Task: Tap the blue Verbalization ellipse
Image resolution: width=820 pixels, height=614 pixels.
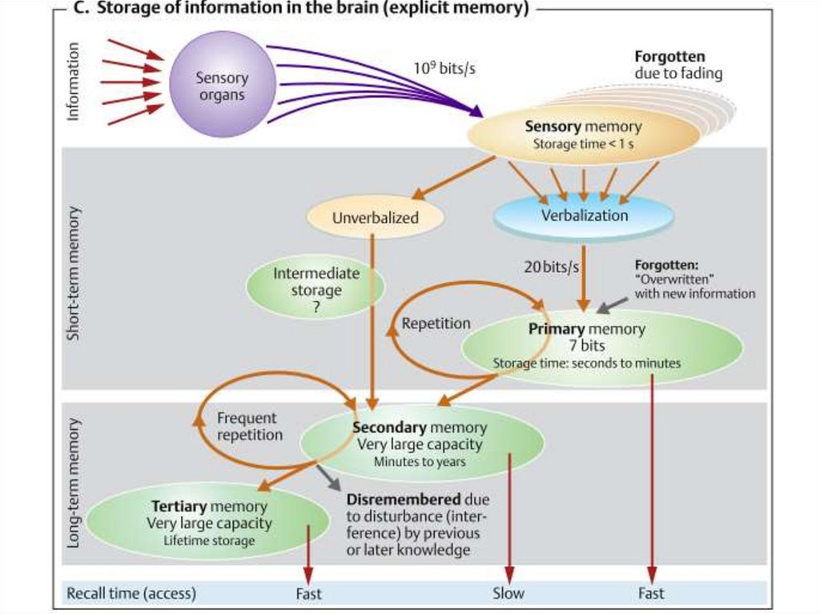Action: click(585, 215)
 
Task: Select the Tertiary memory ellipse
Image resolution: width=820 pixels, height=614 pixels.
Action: click(209, 523)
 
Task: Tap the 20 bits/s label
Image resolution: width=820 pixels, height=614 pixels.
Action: click(551, 267)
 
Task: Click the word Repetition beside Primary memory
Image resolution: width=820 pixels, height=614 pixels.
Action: click(436, 324)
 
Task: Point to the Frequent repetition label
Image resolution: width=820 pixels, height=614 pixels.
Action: click(248, 427)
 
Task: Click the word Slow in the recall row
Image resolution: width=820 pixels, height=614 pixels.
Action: click(508, 593)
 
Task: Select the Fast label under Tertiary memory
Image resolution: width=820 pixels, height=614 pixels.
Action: click(309, 593)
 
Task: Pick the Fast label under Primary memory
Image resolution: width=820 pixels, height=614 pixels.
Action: click(651, 593)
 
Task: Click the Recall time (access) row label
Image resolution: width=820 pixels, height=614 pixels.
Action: click(131, 593)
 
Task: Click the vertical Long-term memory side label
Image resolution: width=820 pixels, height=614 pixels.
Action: click(74, 482)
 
